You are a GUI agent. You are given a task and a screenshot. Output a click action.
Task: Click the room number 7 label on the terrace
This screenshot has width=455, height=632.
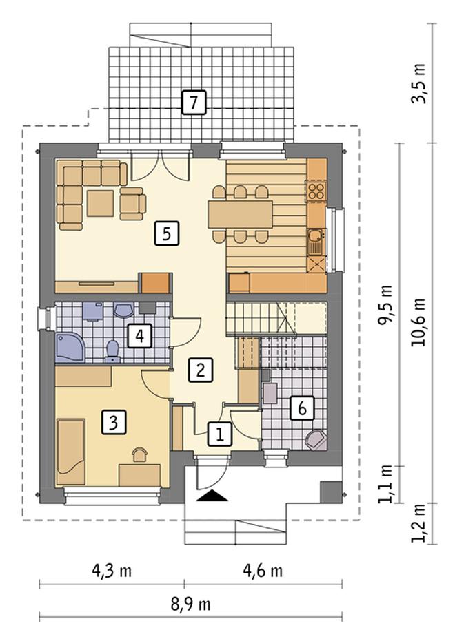click(194, 103)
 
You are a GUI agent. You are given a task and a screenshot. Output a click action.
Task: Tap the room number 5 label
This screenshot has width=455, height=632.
click(166, 233)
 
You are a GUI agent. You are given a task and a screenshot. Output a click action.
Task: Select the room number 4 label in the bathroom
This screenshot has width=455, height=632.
click(140, 336)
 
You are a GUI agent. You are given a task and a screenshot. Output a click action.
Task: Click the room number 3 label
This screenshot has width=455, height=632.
click(114, 423)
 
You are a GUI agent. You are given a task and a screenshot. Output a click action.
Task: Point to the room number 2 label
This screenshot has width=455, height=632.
click(200, 370)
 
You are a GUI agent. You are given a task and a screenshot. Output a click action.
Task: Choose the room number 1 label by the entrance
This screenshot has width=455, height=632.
click(220, 434)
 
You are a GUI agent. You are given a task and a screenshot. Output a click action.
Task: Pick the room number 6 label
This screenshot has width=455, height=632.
click(302, 408)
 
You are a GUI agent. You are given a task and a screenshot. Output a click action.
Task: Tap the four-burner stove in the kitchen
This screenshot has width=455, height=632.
click(316, 190)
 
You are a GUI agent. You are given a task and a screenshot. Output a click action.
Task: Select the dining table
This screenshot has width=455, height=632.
click(240, 214)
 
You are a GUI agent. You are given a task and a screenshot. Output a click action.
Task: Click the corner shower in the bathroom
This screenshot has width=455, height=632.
click(70, 348)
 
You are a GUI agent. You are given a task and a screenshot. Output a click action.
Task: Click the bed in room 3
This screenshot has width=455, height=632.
click(70, 451)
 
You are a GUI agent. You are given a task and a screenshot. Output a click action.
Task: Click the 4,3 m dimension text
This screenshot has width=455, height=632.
click(112, 570)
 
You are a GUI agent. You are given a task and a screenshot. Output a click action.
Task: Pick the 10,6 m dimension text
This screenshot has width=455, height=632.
click(418, 322)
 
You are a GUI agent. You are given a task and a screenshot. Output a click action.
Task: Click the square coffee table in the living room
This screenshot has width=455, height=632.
click(100, 203)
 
